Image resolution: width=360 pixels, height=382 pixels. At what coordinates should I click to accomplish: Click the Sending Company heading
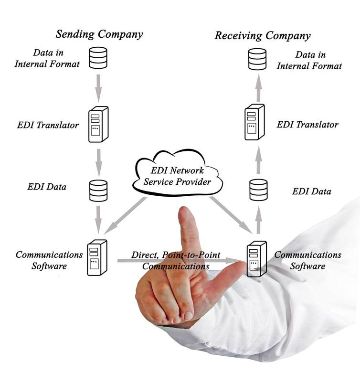[99, 34]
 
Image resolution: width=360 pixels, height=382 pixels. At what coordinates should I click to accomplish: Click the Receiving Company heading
[262, 36]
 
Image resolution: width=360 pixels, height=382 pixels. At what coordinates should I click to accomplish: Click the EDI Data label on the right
[311, 191]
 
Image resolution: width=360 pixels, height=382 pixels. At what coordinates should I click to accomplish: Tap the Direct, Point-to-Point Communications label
[176, 261]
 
